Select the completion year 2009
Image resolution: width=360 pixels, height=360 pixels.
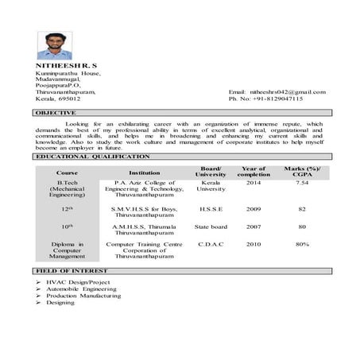click(x=254, y=209)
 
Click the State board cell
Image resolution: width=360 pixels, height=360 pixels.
click(x=211, y=226)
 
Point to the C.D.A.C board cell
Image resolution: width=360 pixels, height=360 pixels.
click(x=211, y=245)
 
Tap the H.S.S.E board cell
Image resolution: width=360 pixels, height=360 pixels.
click(x=211, y=209)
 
